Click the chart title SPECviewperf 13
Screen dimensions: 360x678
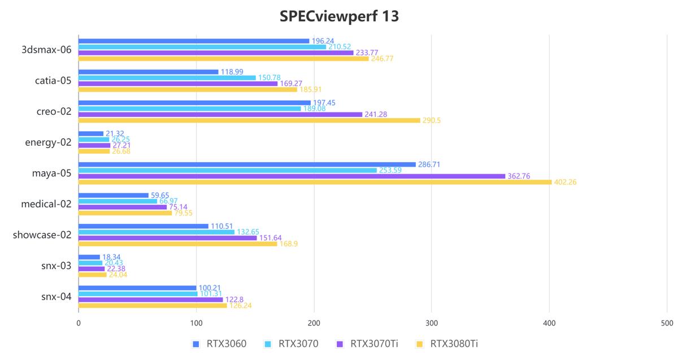pos(339,16)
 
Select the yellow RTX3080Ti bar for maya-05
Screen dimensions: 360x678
pos(315,182)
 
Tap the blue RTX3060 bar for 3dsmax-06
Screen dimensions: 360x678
pos(194,41)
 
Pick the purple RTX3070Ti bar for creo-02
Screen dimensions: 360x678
pos(220,114)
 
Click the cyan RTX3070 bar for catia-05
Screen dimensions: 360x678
pos(167,77)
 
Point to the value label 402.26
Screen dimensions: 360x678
pos(565,182)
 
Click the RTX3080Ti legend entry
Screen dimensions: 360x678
pos(450,344)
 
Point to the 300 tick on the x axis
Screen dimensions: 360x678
pos(432,323)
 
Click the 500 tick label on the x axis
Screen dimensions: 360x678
pos(667,323)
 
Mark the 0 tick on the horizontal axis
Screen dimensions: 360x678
pos(79,323)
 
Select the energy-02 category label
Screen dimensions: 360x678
pos(48,142)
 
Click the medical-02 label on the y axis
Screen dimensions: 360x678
pos(46,204)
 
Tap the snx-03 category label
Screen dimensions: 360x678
pos(56,266)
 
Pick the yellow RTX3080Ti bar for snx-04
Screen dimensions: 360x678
pos(153,306)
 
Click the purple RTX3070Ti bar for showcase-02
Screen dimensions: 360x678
pos(167,238)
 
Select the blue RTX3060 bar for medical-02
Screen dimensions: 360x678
pos(113,195)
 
